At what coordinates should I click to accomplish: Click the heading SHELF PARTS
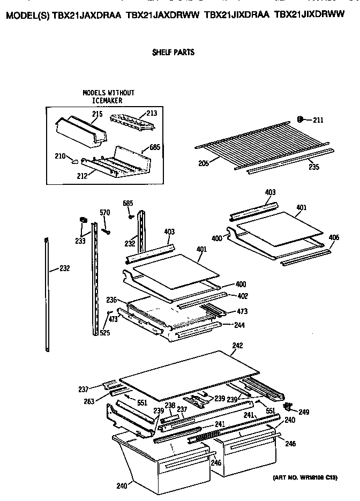point(172,53)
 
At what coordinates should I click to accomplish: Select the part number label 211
point(318,120)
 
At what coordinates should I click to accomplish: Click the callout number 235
point(313,167)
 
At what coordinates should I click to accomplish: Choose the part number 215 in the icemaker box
point(97,114)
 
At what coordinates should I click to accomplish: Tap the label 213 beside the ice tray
point(152,113)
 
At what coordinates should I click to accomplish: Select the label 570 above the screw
point(105,213)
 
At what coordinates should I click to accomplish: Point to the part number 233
point(79,242)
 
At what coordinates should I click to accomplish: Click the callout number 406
point(334,237)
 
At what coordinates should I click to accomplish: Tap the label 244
point(238,325)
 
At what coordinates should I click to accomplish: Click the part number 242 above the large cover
point(237,346)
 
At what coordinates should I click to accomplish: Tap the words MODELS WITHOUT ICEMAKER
point(108,96)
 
